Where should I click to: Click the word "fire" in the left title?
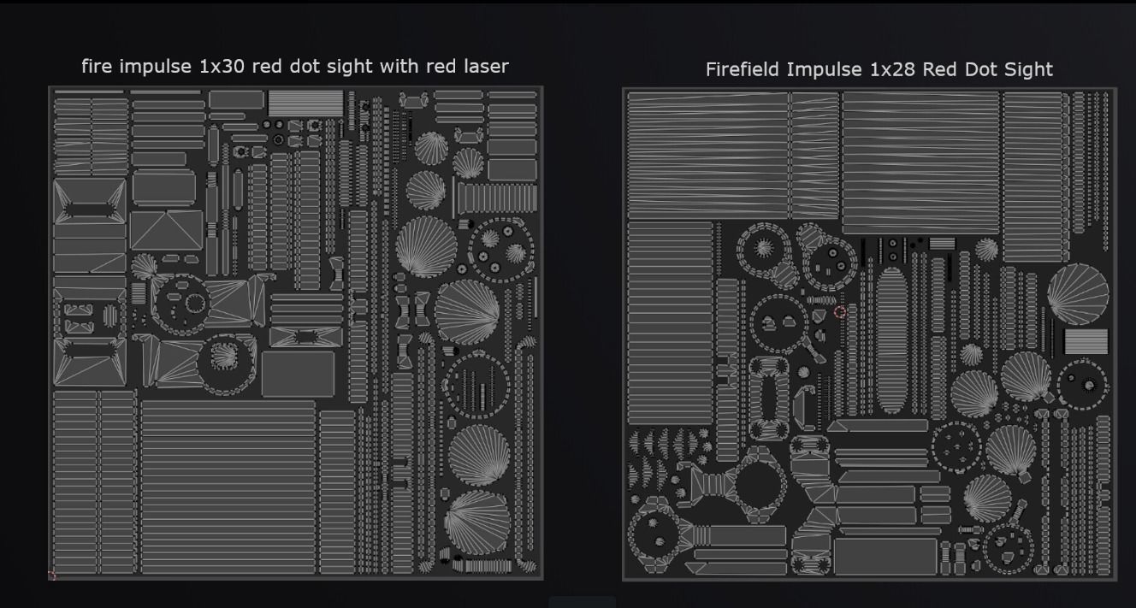point(97,67)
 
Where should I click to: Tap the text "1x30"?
point(222,67)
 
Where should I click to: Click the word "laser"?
point(486,67)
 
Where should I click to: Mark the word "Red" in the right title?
point(940,69)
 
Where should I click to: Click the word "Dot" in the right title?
point(981,69)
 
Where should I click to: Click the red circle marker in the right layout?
point(840,312)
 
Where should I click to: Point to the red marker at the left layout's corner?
point(51,575)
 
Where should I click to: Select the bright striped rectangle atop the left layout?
point(305,103)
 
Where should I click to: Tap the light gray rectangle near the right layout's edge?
point(1086,341)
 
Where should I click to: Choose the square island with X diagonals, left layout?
point(166,230)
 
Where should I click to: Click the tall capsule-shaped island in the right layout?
point(891,340)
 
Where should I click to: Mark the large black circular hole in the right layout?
point(758,485)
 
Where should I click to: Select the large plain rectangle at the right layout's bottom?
point(885,557)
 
